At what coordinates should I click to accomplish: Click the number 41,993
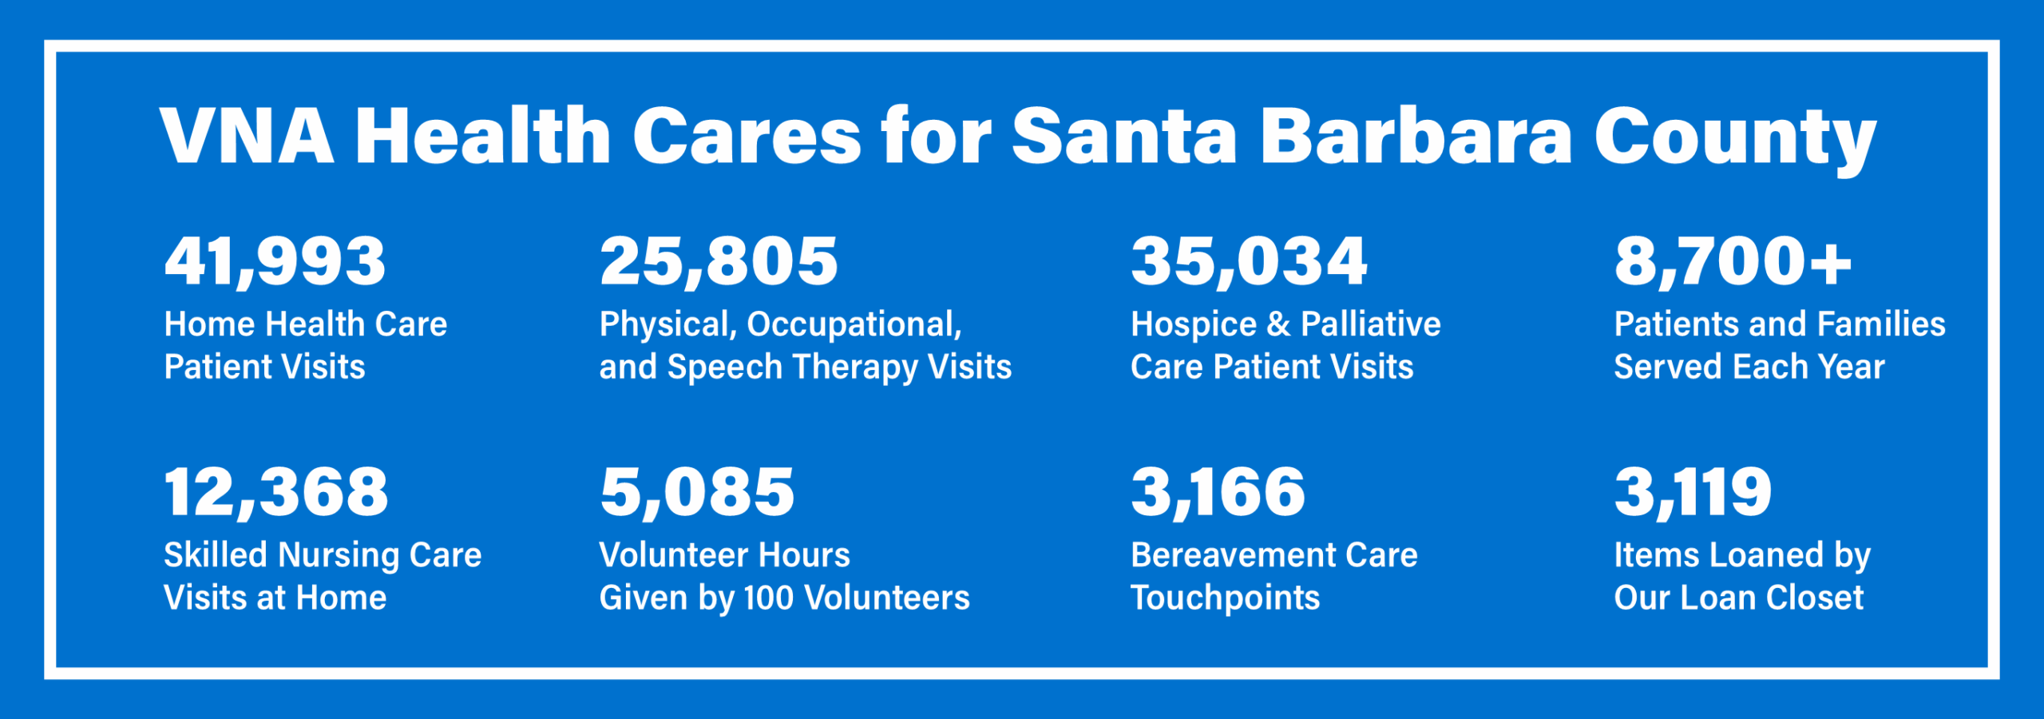click(275, 263)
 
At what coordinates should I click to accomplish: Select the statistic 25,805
click(719, 263)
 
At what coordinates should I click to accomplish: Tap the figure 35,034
click(1249, 263)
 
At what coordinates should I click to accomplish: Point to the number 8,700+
click(1733, 263)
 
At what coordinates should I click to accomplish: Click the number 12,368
click(276, 493)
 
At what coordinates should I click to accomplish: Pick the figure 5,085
click(697, 493)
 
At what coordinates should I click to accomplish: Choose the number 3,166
click(1218, 493)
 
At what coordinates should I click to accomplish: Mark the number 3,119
click(1693, 493)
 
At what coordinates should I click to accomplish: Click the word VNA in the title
click(247, 136)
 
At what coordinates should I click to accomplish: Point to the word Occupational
click(854, 325)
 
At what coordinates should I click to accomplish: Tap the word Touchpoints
click(1226, 598)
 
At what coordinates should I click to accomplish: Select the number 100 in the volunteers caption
click(769, 598)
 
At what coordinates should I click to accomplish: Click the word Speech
click(725, 368)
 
